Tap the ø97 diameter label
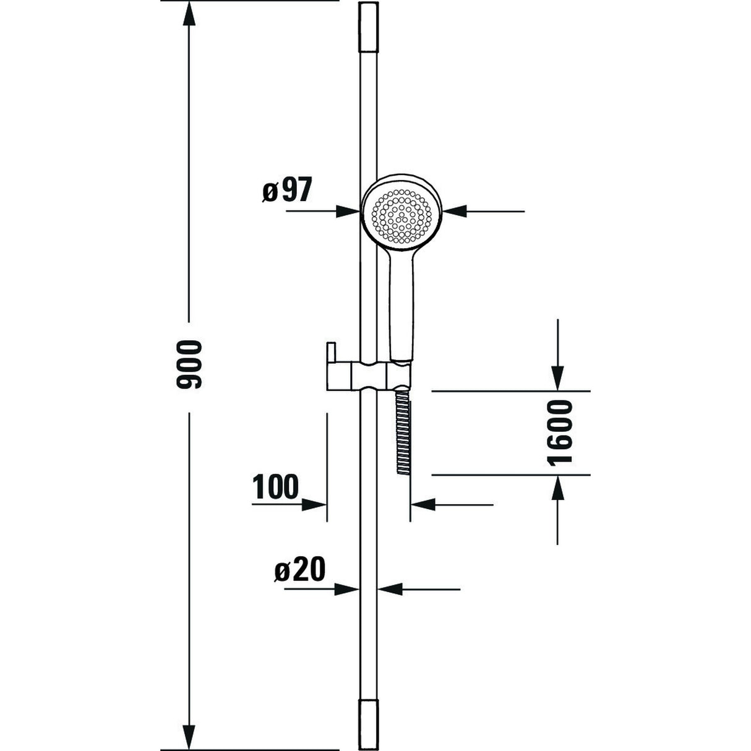285,192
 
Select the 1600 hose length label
560,432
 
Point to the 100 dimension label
275,487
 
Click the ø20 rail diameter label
299,570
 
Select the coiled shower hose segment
403,433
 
